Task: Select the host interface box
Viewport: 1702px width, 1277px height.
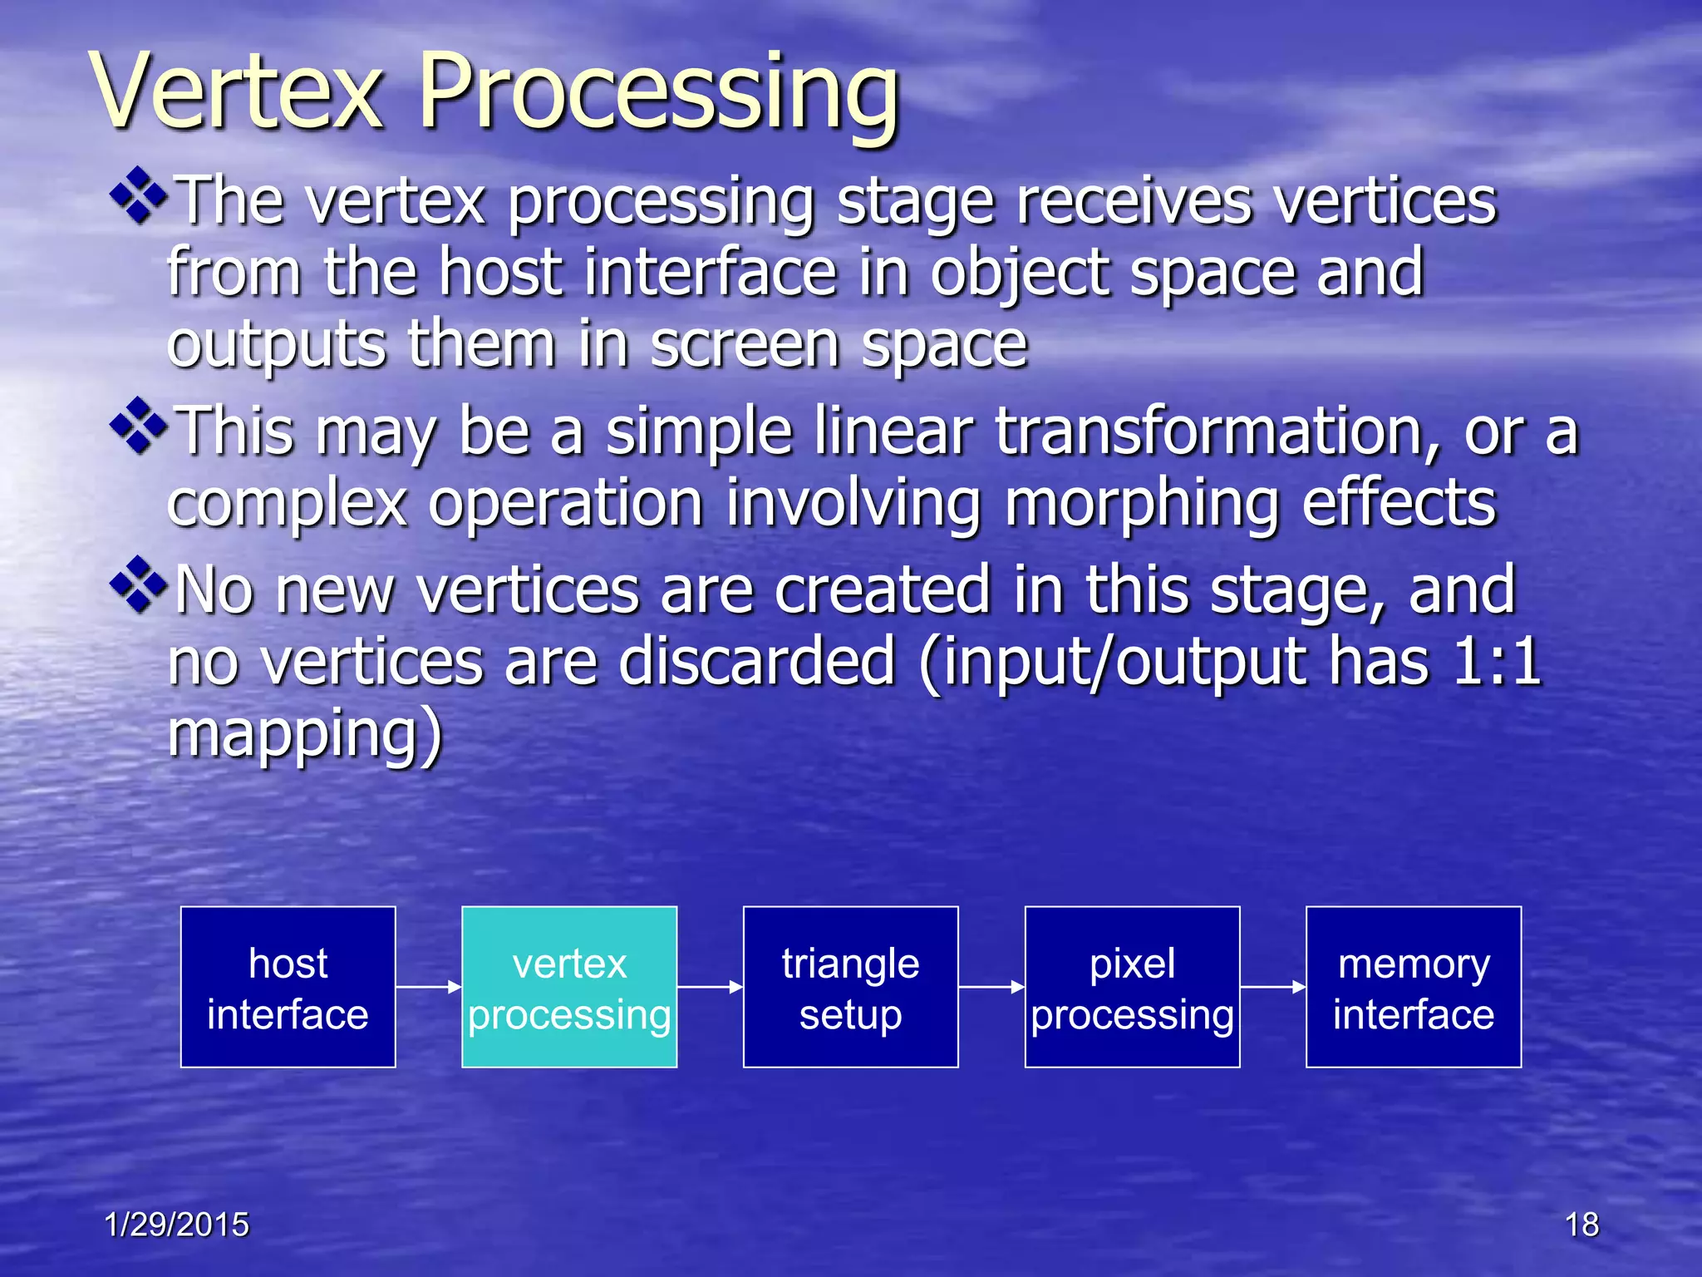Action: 288,987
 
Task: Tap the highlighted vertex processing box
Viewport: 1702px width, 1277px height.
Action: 569,987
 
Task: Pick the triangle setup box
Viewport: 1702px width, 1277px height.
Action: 850,987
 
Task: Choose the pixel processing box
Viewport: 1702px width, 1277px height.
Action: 1132,987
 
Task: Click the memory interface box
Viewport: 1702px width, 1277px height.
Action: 1414,987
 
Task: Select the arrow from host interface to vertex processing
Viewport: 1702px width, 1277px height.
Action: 428,987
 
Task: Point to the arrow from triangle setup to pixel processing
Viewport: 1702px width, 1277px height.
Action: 991,987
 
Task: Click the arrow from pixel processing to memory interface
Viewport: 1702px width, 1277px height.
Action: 1272,987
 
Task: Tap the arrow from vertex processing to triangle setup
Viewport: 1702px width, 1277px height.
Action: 710,987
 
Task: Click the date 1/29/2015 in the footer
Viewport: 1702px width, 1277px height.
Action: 176,1225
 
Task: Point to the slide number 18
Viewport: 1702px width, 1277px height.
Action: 1581,1225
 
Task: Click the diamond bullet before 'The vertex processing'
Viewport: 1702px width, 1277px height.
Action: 139,196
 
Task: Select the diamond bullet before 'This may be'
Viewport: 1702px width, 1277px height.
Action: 139,426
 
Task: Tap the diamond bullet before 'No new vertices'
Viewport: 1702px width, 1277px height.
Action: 139,585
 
